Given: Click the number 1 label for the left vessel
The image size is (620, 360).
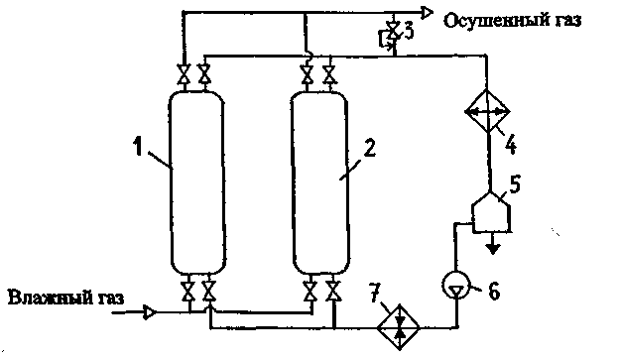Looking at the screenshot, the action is (138, 147).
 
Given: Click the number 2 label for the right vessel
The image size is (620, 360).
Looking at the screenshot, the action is (369, 148).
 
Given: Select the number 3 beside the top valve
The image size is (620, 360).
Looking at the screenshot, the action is (409, 31).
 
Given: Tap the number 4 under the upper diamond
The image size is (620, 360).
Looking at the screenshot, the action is (510, 145).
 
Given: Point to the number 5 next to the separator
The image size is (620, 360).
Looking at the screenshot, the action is (515, 184).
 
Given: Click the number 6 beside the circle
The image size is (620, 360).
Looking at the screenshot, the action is (494, 292).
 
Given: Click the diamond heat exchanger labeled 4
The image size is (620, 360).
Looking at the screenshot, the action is (487, 111).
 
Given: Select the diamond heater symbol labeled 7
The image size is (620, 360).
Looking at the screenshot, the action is (399, 327).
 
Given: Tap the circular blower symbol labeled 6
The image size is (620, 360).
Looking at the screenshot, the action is (456, 285).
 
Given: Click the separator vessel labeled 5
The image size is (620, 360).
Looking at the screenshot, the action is (490, 212).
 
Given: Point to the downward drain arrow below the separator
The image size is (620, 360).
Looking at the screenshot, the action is (493, 242).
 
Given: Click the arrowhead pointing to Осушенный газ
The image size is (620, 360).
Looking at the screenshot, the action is (427, 13).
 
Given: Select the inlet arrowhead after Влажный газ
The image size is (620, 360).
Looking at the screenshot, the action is (150, 312).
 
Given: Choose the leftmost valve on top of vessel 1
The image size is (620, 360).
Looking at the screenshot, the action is (183, 74).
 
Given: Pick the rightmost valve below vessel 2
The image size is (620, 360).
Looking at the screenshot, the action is (334, 292).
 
